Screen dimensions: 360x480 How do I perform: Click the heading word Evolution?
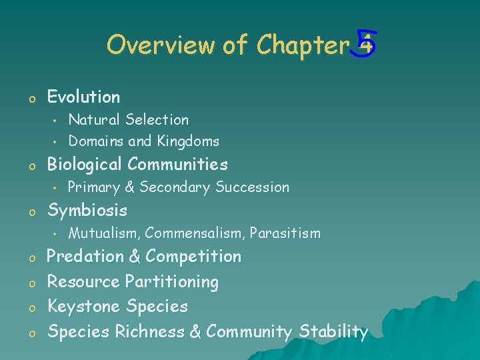(83, 97)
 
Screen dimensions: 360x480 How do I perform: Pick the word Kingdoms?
(188, 141)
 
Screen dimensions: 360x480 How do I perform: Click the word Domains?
(96, 141)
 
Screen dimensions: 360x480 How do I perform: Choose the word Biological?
(85, 164)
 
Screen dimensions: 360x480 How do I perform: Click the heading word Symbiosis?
(87, 211)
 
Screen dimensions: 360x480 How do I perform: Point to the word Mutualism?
(104, 233)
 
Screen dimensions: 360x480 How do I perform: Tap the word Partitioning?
(172, 282)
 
